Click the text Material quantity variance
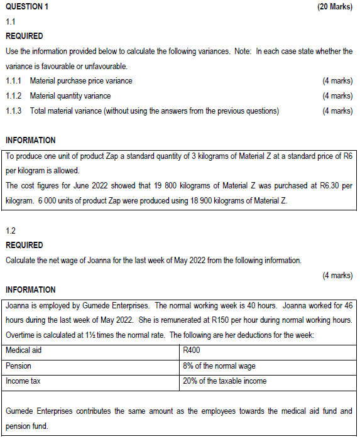tap(70, 96)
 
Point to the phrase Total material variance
tap(65, 111)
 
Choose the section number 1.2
tap(10, 230)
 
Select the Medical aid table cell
tap(23, 350)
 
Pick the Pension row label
tap(18, 365)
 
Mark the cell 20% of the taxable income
tap(224, 381)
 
